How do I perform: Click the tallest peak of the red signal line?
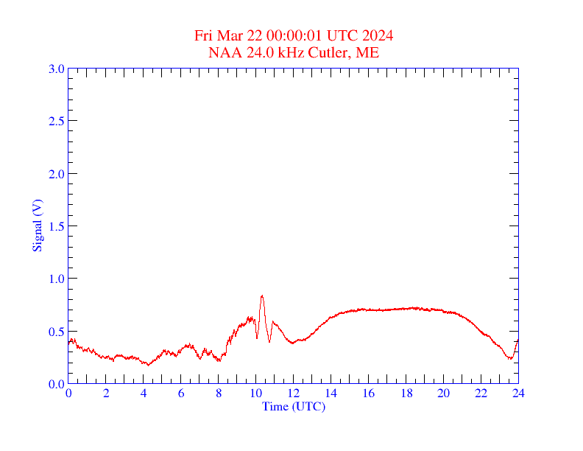[262, 296]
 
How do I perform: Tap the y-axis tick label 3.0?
[56, 69]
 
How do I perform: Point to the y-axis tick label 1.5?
[56, 226]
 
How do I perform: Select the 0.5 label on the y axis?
[56, 332]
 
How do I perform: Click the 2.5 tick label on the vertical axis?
[56, 121]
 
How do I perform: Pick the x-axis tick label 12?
[294, 394]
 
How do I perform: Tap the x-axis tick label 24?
[518, 394]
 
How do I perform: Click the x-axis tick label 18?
[406, 394]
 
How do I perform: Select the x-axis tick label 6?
[181, 394]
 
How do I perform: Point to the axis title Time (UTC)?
[294, 406]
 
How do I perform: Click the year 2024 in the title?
[378, 36]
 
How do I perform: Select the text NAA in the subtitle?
[222, 52]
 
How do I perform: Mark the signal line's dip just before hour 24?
[509, 359]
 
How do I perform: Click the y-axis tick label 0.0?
[56, 384]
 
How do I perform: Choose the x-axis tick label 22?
[481, 394]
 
